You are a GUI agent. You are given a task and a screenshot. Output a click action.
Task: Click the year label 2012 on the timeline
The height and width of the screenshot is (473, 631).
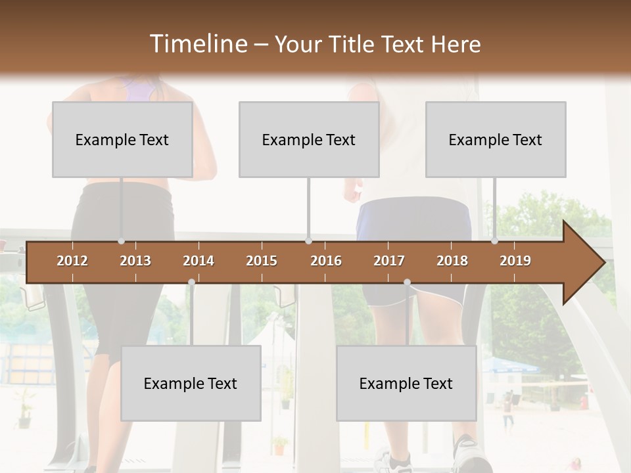coord(72,261)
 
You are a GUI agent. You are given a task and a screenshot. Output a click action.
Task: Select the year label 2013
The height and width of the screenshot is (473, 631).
coord(135,261)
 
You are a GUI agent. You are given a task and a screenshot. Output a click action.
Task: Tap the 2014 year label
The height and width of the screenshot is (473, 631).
coord(199,261)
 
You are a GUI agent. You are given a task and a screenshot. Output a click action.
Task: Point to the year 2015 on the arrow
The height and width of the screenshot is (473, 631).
coord(262,261)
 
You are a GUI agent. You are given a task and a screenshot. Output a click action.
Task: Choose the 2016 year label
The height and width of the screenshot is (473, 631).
coord(326,261)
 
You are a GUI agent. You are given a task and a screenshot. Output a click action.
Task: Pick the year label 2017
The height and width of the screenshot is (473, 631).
coord(389,261)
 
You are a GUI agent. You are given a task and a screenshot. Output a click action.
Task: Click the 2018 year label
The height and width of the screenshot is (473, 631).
coord(452,261)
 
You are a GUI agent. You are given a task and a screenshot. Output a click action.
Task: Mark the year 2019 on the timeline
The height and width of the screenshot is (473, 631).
coord(515,261)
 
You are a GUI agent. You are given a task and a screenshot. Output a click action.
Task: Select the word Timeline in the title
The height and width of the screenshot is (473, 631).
coord(198,44)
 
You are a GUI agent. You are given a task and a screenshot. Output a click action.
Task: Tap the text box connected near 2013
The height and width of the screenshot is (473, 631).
coord(122,139)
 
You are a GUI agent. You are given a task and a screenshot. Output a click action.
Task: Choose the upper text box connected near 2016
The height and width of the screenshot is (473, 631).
coord(309,139)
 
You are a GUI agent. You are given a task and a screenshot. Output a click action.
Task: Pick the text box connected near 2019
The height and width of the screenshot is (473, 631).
coord(496,139)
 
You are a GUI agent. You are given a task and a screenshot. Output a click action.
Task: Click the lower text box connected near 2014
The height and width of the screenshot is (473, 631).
coord(191,383)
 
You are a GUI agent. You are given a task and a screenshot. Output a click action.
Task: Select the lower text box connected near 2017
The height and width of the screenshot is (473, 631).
coord(406,383)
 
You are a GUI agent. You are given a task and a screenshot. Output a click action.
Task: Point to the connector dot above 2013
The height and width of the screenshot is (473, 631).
coord(121,241)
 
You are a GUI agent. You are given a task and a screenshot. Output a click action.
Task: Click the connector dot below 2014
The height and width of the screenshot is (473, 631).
coord(191,282)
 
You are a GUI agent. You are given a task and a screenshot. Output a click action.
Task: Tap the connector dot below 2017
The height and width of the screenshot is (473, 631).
coord(407,282)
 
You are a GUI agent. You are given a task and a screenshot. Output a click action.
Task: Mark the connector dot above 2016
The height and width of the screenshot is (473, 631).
coord(308,241)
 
